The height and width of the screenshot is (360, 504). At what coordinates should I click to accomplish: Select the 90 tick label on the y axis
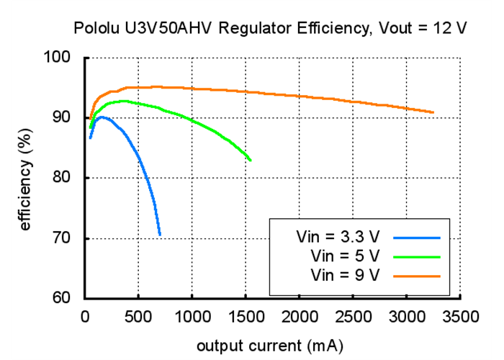tap(67, 117)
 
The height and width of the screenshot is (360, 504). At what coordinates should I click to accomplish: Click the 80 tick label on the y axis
tap(67, 178)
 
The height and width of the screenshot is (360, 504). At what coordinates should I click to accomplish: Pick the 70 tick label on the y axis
tap(67, 238)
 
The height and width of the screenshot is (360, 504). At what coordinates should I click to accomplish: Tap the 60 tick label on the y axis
tap(67, 299)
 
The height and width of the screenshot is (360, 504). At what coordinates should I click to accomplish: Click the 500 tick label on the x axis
tap(138, 317)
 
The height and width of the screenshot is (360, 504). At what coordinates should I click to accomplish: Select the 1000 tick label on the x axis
tap(192, 317)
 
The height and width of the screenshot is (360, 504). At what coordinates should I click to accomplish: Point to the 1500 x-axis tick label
tap(246, 317)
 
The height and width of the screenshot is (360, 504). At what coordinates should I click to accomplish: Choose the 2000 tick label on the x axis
tap(300, 317)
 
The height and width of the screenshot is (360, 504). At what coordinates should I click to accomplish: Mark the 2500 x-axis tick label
tap(354, 317)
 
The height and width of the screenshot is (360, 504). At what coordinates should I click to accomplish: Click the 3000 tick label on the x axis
tap(407, 317)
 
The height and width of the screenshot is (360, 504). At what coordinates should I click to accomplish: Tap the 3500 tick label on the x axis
tap(461, 317)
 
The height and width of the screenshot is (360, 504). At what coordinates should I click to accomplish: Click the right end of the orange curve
tap(433, 112)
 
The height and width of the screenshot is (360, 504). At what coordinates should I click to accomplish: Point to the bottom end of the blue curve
tap(160, 234)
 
